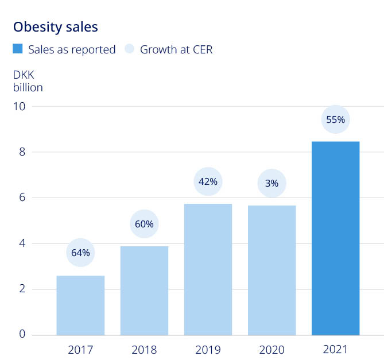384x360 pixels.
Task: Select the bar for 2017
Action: click(80, 305)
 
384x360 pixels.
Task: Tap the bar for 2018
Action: click(144, 290)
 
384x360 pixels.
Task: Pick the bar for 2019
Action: click(208, 269)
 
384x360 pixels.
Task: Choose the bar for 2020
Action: click(271, 270)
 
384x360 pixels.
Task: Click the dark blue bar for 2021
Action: click(335, 238)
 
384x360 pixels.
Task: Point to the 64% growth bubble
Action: click(80, 253)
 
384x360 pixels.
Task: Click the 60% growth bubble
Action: click(144, 224)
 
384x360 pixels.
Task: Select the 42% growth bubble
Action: click(208, 181)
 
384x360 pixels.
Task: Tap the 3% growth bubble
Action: click(271, 183)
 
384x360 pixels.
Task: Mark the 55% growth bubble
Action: click(335, 119)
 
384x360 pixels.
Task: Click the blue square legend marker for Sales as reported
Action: click(18, 49)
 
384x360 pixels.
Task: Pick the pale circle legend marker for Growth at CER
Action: click(129, 49)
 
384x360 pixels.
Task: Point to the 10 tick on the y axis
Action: click(22, 106)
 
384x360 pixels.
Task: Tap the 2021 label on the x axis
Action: click(335, 349)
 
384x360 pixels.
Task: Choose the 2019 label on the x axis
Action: click(208, 349)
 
